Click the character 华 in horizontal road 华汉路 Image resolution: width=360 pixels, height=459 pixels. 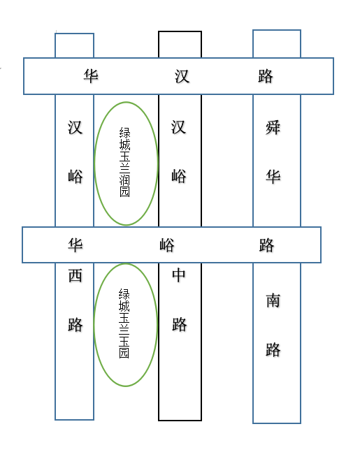(90, 76)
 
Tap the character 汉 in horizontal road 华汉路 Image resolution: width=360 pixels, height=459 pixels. (182, 76)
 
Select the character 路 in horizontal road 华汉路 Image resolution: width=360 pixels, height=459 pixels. (266, 76)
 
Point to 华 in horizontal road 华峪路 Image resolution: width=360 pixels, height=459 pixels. (75, 245)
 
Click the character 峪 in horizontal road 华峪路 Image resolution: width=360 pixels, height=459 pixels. (167, 245)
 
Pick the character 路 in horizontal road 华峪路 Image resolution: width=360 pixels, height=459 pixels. (266, 245)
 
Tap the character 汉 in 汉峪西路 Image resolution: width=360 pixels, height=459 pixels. (75, 127)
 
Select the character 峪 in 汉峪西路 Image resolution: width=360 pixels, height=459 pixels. (75, 176)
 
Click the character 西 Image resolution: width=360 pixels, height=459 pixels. (75, 275)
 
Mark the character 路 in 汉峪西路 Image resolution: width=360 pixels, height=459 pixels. (75, 325)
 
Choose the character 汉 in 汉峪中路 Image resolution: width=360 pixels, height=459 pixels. (178, 127)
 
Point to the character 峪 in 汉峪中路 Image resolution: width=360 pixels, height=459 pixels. (179, 176)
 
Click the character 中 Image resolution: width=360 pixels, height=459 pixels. (179, 275)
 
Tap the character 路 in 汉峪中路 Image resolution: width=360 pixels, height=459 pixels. (179, 325)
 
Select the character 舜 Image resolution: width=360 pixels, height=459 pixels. (273, 127)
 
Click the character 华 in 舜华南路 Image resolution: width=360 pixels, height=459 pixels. (273, 176)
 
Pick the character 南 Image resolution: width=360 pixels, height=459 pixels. (273, 300)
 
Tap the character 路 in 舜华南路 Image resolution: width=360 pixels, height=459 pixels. (273, 349)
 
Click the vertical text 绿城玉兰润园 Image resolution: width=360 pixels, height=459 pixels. (125, 162)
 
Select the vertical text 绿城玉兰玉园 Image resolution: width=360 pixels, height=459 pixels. (124, 323)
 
